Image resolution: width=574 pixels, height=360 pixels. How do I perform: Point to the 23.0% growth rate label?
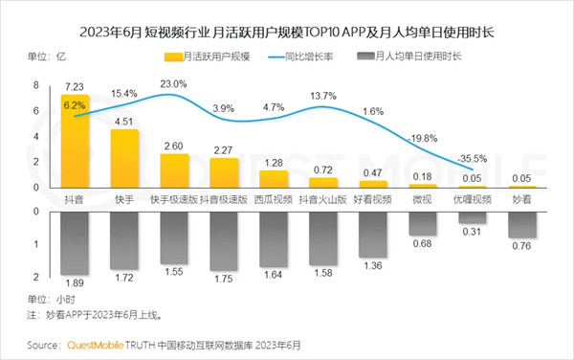pos(174,84)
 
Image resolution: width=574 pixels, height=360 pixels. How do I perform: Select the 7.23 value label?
pos(75,86)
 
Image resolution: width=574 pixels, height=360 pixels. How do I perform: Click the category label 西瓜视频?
pos(273,199)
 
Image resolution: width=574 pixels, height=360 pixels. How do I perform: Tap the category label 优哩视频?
pos(471,199)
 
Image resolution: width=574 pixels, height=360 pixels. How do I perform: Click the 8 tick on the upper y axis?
pos(35,85)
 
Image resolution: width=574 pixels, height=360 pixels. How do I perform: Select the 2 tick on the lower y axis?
pos(35,277)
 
